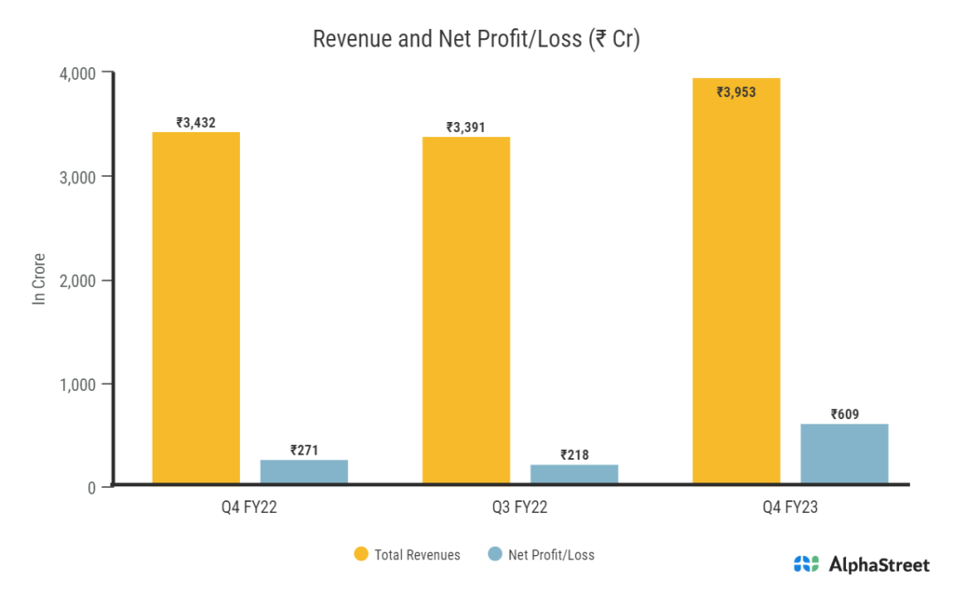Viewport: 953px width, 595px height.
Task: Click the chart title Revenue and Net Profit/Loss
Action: [476, 39]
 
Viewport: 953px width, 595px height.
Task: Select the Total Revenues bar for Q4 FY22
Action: [195, 307]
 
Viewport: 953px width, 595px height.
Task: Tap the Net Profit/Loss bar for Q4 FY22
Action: [303, 471]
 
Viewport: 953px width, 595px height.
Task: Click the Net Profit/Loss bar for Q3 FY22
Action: [574, 474]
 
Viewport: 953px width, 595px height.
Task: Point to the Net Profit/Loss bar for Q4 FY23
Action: [844, 453]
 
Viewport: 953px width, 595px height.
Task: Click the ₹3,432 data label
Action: [195, 122]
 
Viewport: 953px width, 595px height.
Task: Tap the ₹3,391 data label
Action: [466, 127]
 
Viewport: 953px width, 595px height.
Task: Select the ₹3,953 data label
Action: [736, 92]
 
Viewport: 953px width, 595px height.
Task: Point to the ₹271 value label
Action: [304, 449]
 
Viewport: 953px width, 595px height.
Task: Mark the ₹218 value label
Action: [574, 454]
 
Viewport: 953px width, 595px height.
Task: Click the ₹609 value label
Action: [845, 413]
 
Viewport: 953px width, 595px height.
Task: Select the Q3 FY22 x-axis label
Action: [520, 508]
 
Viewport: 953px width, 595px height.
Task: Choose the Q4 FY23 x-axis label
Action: [790, 508]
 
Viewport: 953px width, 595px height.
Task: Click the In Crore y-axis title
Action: [39, 279]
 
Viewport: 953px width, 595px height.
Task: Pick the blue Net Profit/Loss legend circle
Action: [494, 555]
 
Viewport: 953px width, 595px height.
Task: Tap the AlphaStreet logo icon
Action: [806, 563]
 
